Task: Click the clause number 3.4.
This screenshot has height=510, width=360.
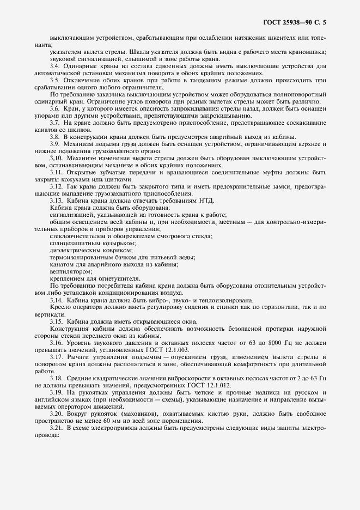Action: click(55, 66)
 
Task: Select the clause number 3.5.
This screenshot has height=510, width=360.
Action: click(55, 80)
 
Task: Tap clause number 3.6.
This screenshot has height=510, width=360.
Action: click(55, 109)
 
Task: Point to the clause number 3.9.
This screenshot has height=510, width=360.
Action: click(55, 144)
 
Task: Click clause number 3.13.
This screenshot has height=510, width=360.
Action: click(57, 201)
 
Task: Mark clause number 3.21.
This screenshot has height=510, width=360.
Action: click(57, 428)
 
